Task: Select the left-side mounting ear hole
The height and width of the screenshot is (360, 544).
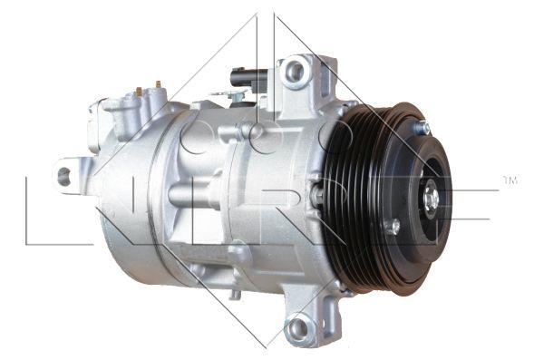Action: point(64,175)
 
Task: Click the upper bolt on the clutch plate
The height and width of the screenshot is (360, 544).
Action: point(422,129)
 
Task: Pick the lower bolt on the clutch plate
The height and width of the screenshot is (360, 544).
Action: point(393,227)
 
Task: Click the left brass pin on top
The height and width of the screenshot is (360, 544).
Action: point(139,91)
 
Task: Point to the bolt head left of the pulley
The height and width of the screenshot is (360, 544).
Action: point(316,193)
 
